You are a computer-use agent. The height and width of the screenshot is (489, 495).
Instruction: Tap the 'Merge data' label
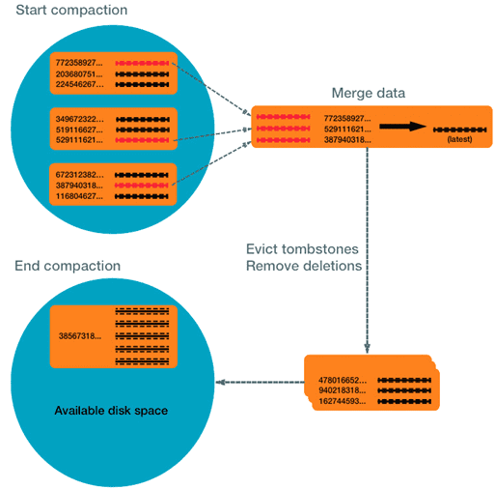(x=368, y=93)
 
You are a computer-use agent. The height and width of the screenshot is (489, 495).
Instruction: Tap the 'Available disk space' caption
(x=112, y=411)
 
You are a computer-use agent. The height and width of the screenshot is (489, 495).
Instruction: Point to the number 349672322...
(x=84, y=118)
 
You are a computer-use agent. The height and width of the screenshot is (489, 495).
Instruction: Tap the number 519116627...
(x=84, y=129)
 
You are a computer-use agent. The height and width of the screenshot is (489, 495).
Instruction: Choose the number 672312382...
(x=84, y=174)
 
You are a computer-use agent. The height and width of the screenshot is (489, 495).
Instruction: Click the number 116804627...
(x=84, y=196)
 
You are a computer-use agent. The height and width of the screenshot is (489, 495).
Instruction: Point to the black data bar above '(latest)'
(x=457, y=128)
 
